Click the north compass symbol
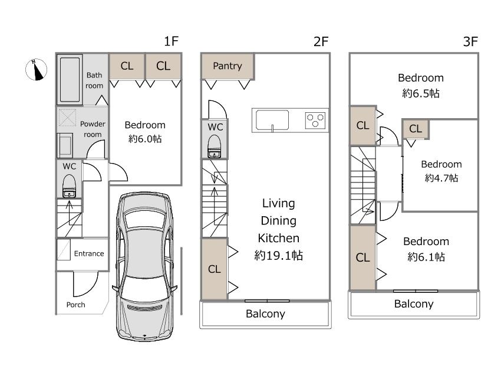pyautogui.click(x=36, y=70)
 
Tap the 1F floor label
pyautogui.click(x=171, y=41)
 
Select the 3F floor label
pyautogui.click(x=470, y=41)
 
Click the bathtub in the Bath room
pyautogui.click(x=70, y=80)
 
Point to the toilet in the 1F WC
pyautogui.click(x=69, y=186)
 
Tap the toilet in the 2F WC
pyautogui.click(x=215, y=146)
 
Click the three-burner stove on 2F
pyautogui.click(x=315, y=120)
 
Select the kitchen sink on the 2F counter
pyautogui.click(x=272, y=120)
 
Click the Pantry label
pyautogui.click(x=227, y=66)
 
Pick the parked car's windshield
pyautogui.click(x=146, y=219)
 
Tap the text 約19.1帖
pyautogui.click(x=278, y=255)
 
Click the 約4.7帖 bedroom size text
pyautogui.click(x=441, y=178)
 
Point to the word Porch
pyautogui.click(x=75, y=305)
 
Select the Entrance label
pyautogui.click(x=89, y=253)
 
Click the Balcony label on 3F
pyautogui.click(x=414, y=304)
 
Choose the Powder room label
pyautogui.click(x=93, y=129)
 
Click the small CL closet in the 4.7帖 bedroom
pyautogui.click(x=416, y=129)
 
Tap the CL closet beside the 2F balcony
pyautogui.click(x=214, y=269)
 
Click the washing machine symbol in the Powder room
pyautogui.click(x=67, y=118)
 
